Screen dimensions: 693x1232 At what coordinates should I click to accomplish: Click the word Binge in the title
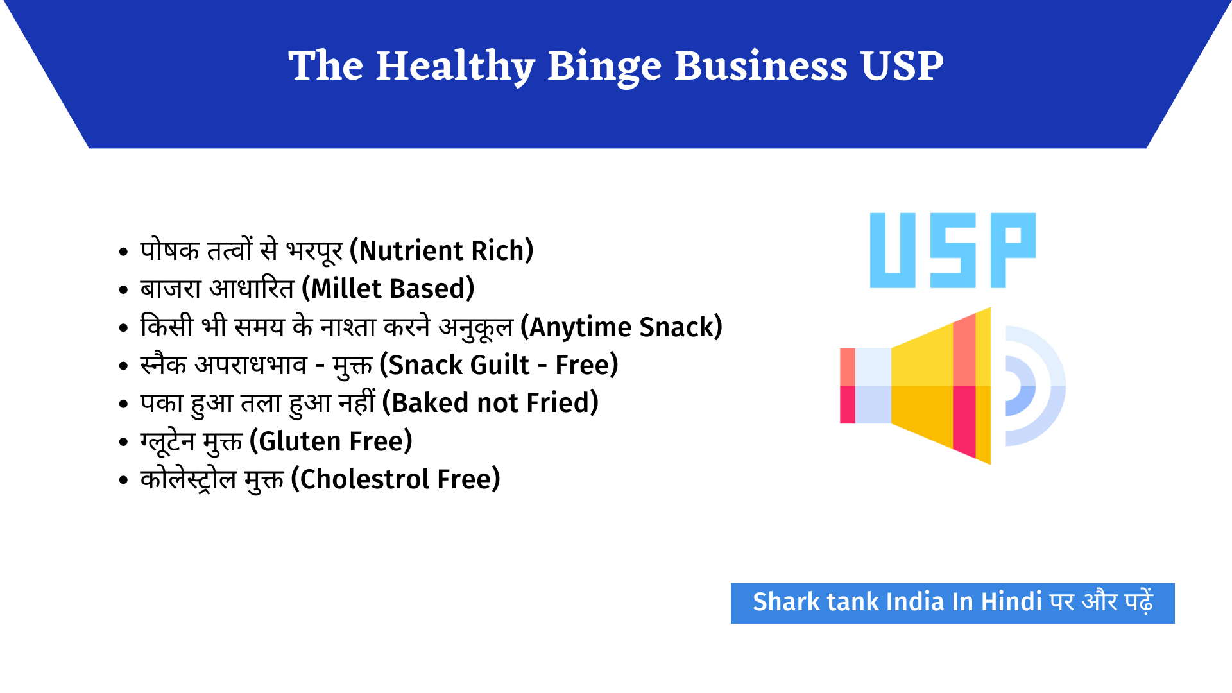(604, 67)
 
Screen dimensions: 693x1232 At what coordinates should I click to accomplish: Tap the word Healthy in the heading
(455, 67)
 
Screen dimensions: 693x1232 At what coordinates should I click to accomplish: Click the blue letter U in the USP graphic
(893, 250)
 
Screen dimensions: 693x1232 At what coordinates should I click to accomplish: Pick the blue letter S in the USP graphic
(954, 250)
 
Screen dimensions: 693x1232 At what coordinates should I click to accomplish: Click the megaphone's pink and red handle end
(848, 386)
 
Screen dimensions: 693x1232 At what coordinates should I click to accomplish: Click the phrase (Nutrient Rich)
(441, 251)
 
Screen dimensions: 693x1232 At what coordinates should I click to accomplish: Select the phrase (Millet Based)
(388, 289)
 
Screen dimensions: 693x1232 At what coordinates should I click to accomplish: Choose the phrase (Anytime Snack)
(621, 327)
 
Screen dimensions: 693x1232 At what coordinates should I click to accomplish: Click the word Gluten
(300, 441)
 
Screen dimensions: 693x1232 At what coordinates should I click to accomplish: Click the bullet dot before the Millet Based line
(124, 290)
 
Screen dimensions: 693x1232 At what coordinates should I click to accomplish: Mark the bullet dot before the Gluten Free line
(124, 443)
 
